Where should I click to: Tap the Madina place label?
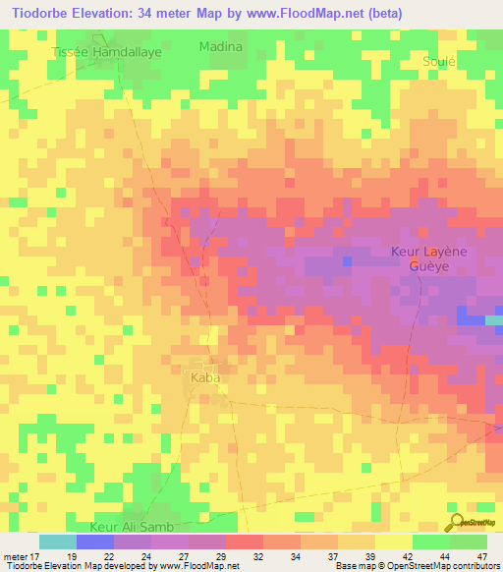click(220, 46)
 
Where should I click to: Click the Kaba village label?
click(204, 377)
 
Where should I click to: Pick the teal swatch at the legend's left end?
click(57, 542)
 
